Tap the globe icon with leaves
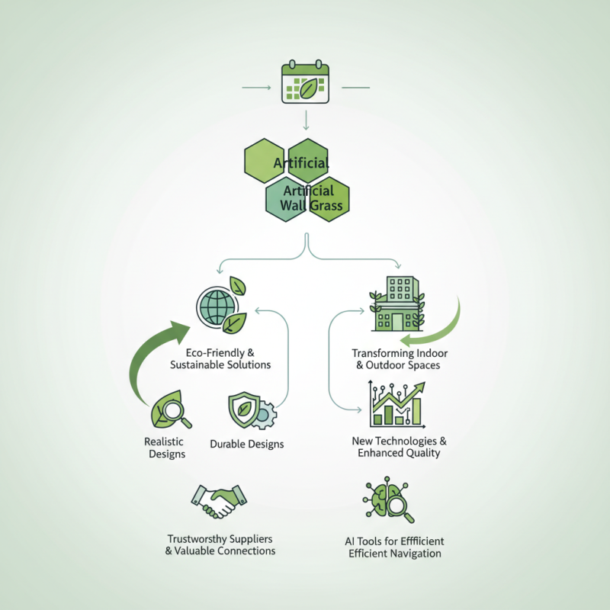click(x=220, y=307)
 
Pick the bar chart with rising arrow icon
click(x=395, y=403)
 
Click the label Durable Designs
click(x=246, y=444)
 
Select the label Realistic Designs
click(x=165, y=448)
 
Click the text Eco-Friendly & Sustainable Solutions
click(x=220, y=358)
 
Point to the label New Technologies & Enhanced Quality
click(x=399, y=447)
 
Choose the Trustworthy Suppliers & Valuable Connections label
click(x=220, y=544)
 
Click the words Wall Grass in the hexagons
click(x=313, y=206)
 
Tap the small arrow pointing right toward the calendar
click(x=256, y=88)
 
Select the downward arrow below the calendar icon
click(x=305, y=119)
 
